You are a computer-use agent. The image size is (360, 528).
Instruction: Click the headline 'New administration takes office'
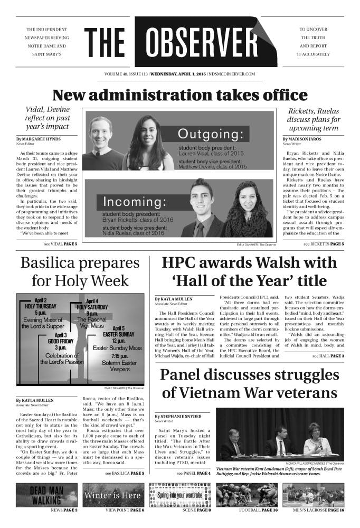click(179, 95)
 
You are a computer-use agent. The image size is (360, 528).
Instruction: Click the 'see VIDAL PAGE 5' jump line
click(61, 244)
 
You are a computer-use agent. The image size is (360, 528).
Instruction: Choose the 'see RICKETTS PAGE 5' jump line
click(324, 244)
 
